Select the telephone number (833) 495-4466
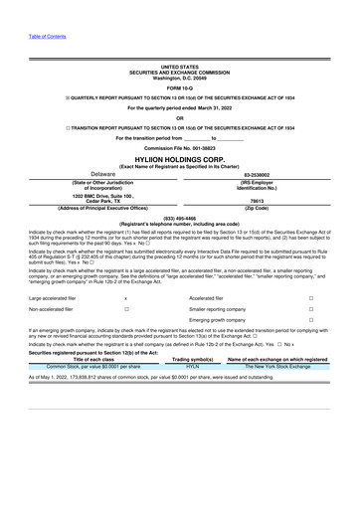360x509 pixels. coord(180,217)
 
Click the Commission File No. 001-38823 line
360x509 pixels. coord(180,147)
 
